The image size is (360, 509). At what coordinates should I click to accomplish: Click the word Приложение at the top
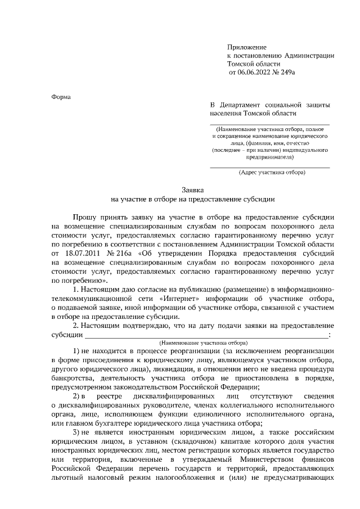coord(246,47)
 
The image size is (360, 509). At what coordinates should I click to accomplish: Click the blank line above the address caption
coord(270,167)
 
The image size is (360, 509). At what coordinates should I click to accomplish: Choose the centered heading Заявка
coord(192,191)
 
